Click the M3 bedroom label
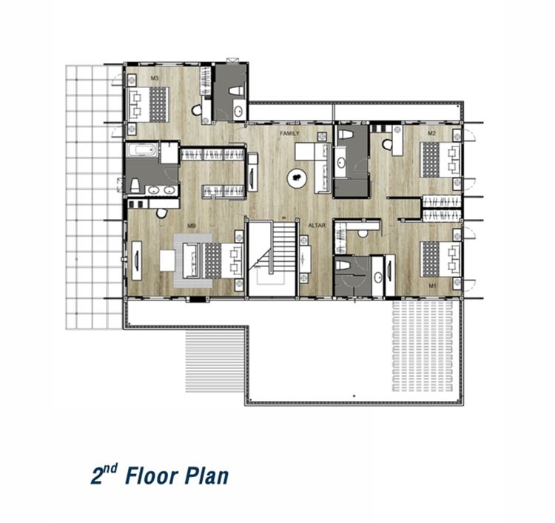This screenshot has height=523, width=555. pyautogui.click(x=155, y=78)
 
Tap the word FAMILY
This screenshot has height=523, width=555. pyautogui.click(x=289, y=133)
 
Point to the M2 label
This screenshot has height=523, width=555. pyautogui.click(x=431, y=133)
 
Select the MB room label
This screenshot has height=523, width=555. pyautogui.click(x=192, y=226)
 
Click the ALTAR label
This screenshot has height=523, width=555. pyautogui.click(x=317, y=226)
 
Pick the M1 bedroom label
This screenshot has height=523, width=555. pyautogui.click(x=432, y=286)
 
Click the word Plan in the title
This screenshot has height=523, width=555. pyautogui.click(x=207, y=476)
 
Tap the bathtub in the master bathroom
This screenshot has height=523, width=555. pyautogui.click(x=141, y=150)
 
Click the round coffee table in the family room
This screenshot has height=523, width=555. pyautogui.click(x=297, y=178)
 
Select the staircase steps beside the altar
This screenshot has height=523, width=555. pyautogui.click(x=283, y=245)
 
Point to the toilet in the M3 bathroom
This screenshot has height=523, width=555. pyautogui.click(x=237, y=91)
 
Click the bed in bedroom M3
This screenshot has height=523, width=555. pyautogui.click(x=148, y=104)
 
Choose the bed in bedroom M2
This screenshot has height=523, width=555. pyautogui.click(x=440, y=159)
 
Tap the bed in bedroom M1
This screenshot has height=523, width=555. pyautogui.click(x=440, y=259)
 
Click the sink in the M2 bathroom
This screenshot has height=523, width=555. pyautogui.click(x=341, y=163)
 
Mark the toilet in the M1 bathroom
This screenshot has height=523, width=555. pyautogui.click(x=343, y=265)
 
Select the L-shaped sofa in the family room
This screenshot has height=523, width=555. pyautogui.click(x=314, y=168)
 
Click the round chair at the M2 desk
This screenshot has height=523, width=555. pyautogui.click(x=387, y=144)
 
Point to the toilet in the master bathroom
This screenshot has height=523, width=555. pyautogui.click(x=135, y=185)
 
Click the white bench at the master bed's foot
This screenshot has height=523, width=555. pyautogui.click(x=167, y=260)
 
